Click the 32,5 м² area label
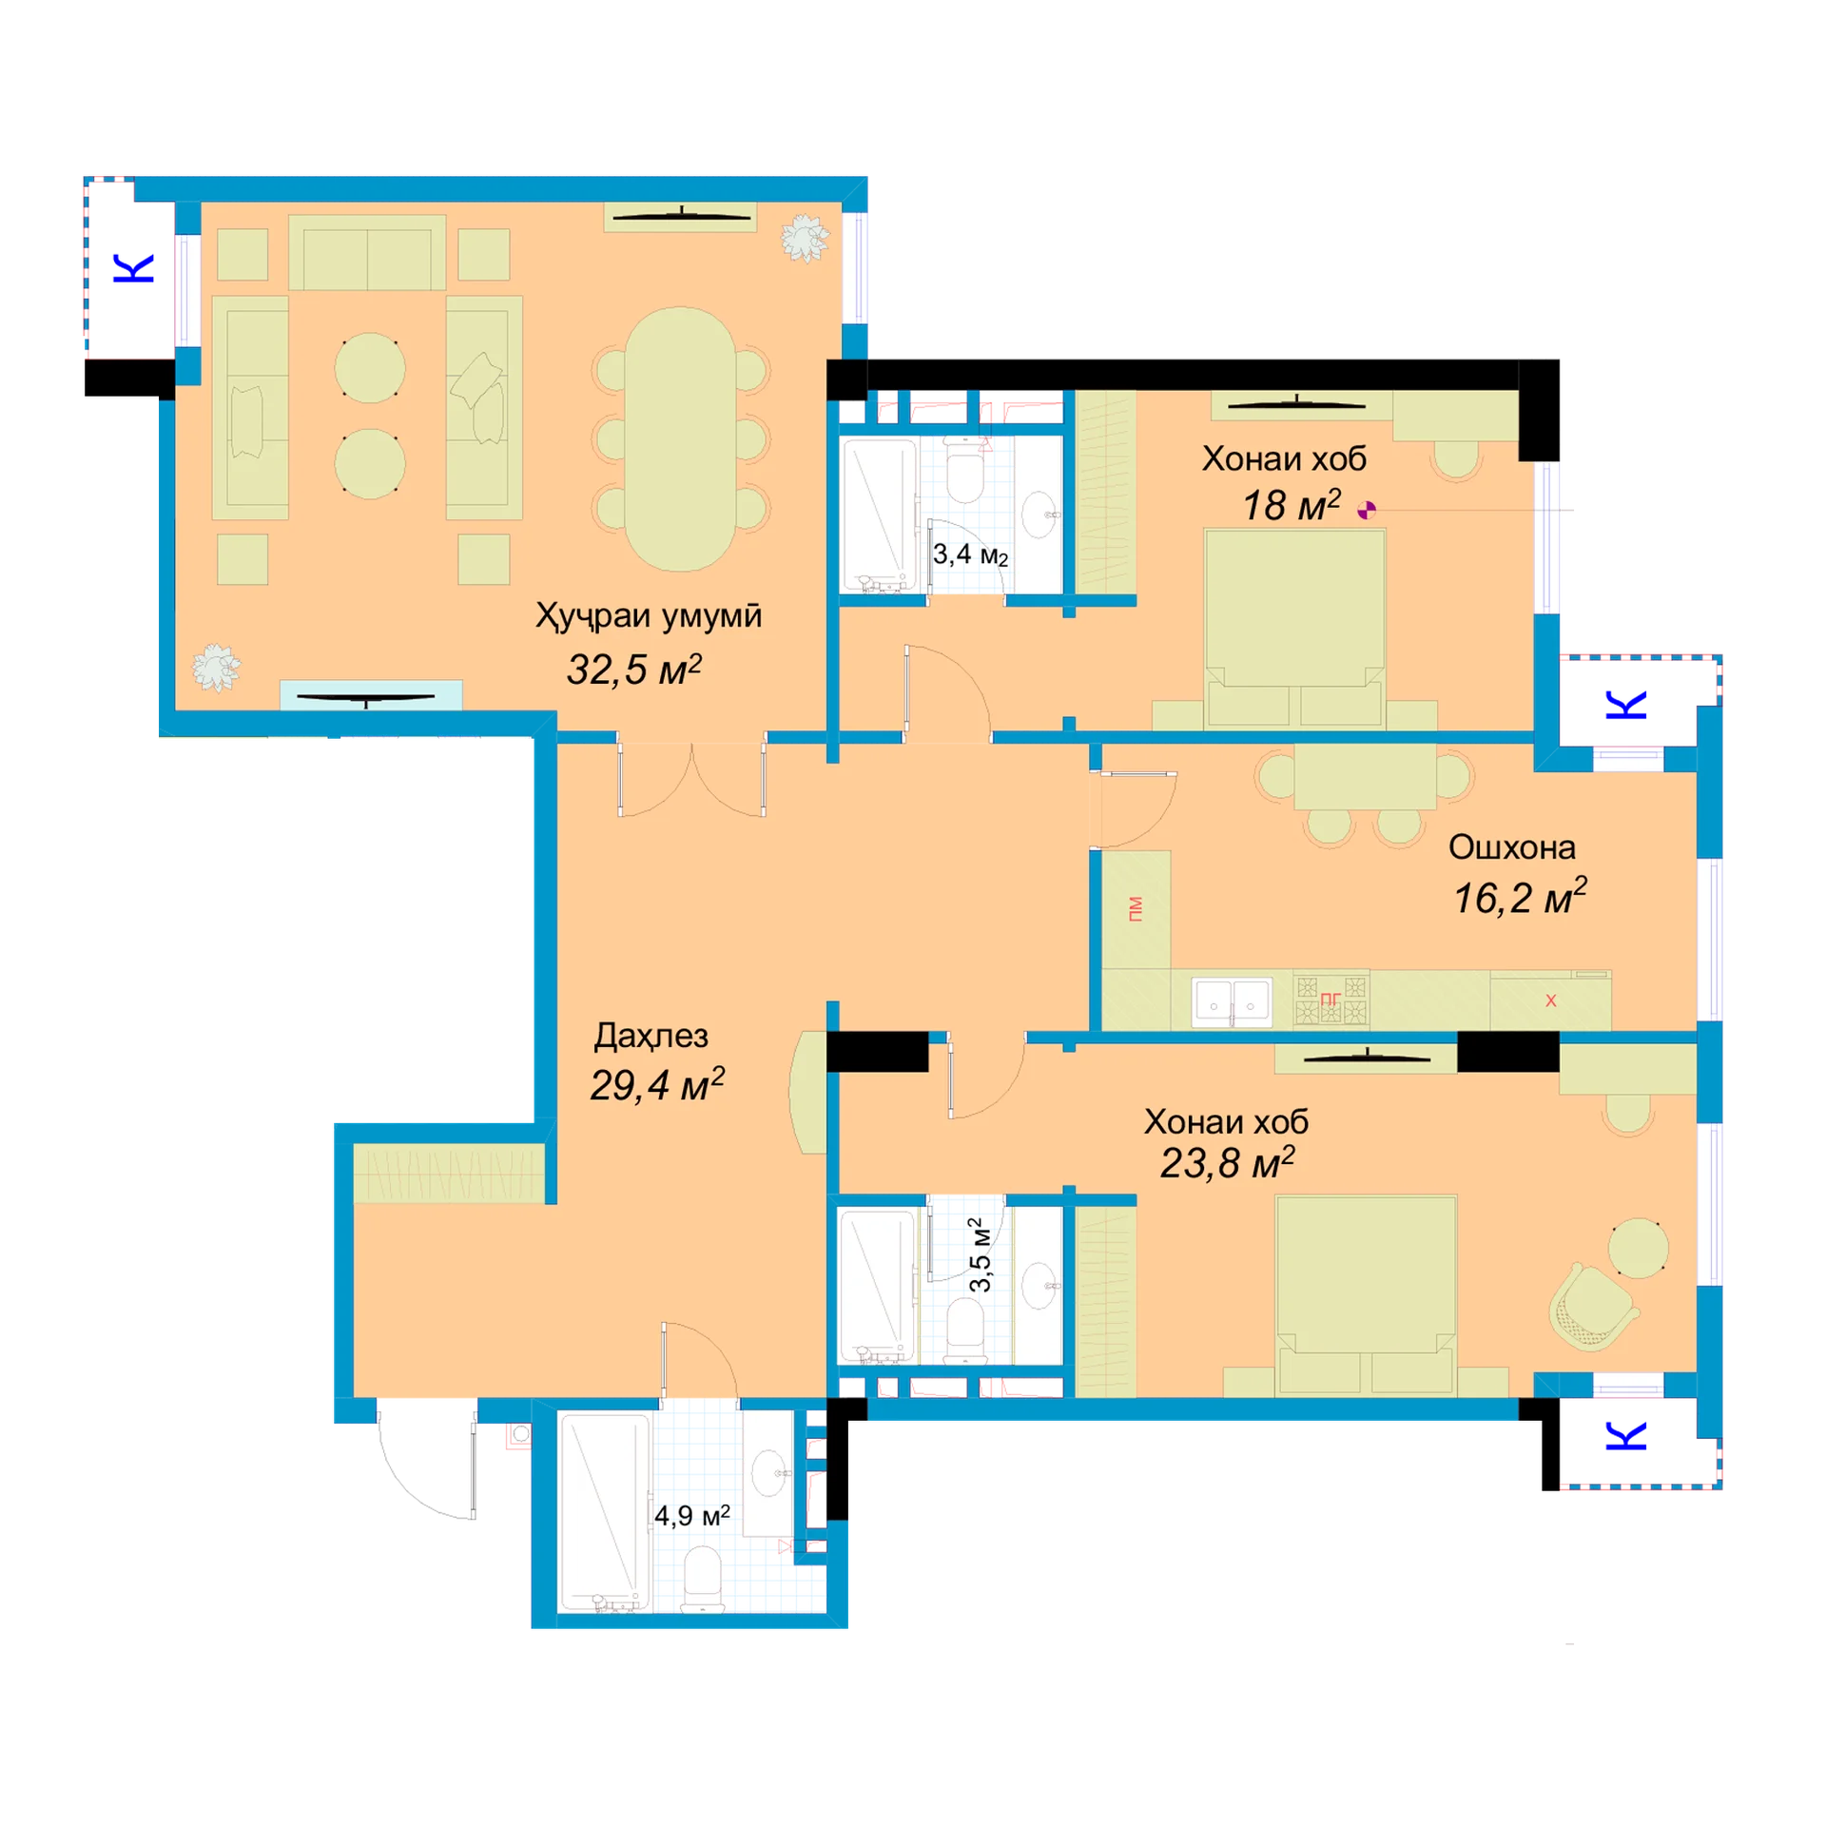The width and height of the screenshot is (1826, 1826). click(633, 670)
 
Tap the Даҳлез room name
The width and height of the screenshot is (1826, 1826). click(651, 1036)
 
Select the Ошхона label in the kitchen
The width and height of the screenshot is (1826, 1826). click(1511, 846)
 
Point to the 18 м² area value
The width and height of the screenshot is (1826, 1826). click(1292, 505)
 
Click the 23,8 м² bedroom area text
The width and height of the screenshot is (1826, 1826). click(1227, 1163)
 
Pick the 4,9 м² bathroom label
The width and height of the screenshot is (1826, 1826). click(691, 1515)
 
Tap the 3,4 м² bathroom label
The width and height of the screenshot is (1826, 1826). click(969, 554)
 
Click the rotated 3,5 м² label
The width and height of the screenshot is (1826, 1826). click(980, 1254)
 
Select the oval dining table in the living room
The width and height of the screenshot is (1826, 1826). click(680, 438)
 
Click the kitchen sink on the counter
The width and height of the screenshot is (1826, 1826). click(1233, 1001)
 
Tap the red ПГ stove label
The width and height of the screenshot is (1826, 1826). click(1331, 999)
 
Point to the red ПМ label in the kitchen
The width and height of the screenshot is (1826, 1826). click(1136, 908)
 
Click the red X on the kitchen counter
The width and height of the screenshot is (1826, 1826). click(1551, 1000)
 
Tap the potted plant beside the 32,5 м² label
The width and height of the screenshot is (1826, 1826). click(216, 668)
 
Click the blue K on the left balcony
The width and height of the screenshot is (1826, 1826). click(134, 268)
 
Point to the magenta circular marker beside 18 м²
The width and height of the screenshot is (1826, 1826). click(1367, 511)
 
